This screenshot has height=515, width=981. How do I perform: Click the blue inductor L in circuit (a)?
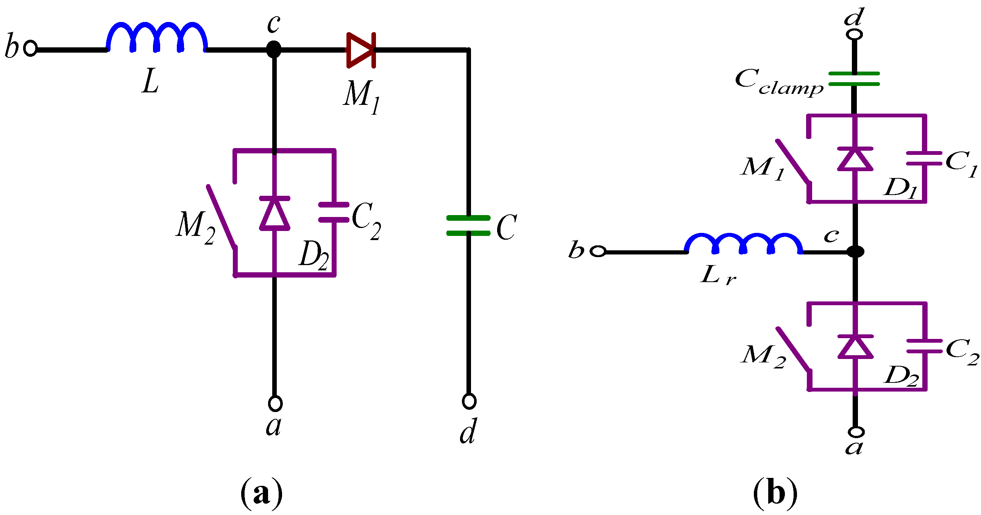tap(157, 37)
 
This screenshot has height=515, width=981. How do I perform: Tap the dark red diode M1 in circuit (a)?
tap(361, 50)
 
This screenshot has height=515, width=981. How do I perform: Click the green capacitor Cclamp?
tap(854, 79)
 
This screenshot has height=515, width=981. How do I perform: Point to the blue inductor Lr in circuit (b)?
tap(743, 244)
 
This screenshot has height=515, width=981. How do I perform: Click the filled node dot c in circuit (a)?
tap(274, 50)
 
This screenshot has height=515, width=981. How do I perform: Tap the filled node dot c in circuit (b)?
tap(855, 251)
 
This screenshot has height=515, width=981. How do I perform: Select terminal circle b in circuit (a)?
tap(30, 48)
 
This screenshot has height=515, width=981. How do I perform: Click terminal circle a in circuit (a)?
tap(275, 403)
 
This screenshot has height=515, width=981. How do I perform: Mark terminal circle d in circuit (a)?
tap(469, 401)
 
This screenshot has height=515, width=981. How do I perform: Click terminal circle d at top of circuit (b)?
tap(854, 34)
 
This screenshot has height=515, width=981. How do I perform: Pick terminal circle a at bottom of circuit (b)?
tap(856, 432)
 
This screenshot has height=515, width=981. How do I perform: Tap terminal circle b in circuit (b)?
tap(598, 251)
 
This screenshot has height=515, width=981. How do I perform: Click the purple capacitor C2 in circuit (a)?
tap(334, 212)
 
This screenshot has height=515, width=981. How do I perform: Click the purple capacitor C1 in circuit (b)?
tap(924, 158)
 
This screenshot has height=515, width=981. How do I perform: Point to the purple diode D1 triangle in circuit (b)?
tap(855, 159)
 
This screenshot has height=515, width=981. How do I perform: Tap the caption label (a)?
tap(262, 493)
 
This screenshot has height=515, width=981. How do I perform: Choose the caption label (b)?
tap(775, 493)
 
